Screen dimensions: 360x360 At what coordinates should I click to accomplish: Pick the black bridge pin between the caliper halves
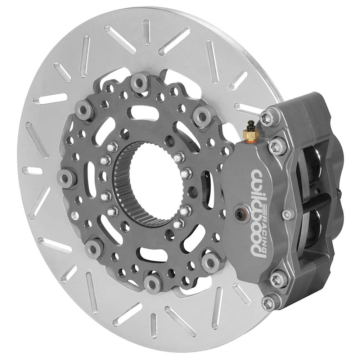(x=317, y=202)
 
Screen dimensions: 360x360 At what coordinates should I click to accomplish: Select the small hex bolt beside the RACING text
(x=287, y=215)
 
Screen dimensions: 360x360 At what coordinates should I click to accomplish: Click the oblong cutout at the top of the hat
(x=142, y=113)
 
